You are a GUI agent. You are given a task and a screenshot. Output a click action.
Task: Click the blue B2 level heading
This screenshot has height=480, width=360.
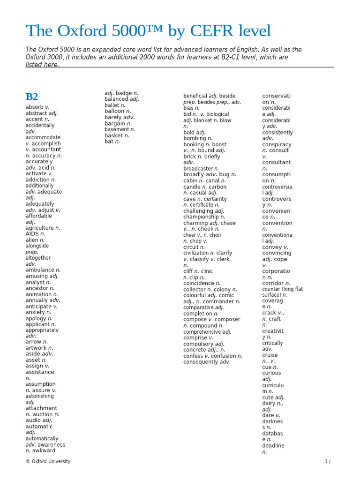[32, 97]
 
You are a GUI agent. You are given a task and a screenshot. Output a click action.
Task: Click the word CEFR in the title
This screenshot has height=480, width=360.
[212, 31]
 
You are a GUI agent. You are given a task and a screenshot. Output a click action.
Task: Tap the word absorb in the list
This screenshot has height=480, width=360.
[34, 107]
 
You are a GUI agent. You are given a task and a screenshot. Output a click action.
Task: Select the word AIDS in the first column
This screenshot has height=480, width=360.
[32, 234]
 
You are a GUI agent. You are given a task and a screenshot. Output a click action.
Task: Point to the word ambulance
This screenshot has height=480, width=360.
[40, 270]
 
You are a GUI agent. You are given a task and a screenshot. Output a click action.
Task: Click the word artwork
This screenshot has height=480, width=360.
[36, 348]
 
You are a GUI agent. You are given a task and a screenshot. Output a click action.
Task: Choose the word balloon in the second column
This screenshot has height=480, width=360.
[114, 111]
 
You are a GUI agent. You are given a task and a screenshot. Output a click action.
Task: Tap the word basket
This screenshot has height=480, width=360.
[113, 135]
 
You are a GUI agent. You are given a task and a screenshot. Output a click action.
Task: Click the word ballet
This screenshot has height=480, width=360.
[112, 105]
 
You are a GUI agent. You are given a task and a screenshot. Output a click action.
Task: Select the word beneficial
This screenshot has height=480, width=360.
[195, 96]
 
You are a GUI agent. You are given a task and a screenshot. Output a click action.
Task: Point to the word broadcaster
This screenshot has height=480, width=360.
[198, 169]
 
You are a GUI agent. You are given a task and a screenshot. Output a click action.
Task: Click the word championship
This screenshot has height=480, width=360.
[201, 217]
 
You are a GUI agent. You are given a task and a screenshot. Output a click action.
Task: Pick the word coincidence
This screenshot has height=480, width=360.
[199, 283]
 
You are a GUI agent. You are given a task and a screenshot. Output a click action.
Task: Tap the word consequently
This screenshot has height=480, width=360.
[201, 362]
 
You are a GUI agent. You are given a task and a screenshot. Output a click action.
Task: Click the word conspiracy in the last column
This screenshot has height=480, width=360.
[277, 144]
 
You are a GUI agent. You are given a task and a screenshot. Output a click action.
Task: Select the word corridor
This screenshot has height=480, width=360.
[273, 283]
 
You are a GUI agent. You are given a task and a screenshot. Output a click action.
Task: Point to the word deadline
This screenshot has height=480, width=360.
[273, 446]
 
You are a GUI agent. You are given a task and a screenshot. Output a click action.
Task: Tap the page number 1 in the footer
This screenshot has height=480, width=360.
[326, 462]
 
